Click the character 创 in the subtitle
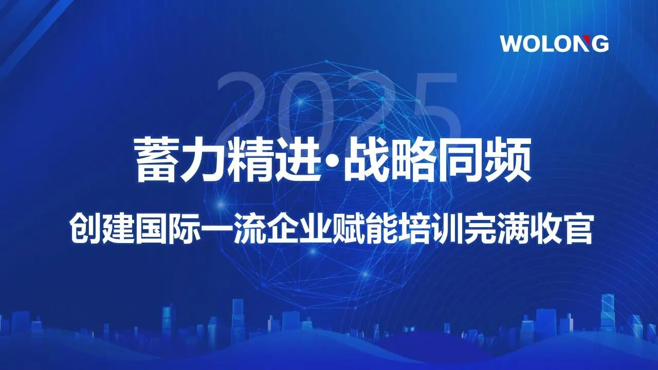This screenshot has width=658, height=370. [x=85, y=229]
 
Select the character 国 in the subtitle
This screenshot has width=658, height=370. [x=150, y=229]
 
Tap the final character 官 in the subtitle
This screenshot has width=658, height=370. [x=576, y=229]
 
